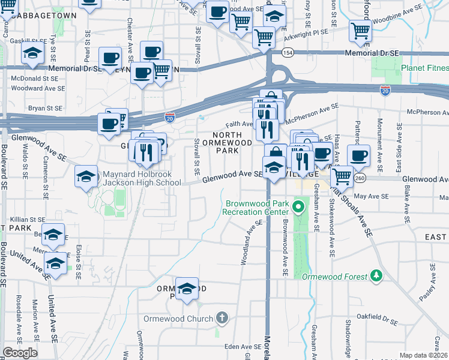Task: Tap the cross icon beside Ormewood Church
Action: point(222,317)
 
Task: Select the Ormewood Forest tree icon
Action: point(376,275)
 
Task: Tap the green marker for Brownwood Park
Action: point(299,208)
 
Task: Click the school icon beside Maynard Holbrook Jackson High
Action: point(86,177)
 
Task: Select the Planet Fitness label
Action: point(425,68)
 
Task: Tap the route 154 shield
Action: point(288,53)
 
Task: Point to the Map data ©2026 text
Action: point(423,355)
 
